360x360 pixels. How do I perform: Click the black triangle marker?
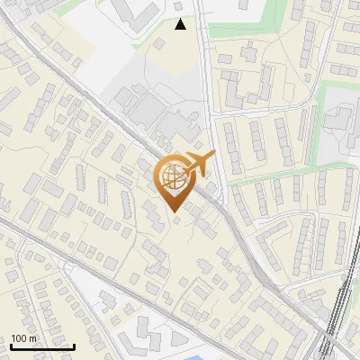click(181, 25)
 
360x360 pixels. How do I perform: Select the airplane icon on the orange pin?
click(200, 163)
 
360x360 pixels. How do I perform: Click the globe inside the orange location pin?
click(174, 177)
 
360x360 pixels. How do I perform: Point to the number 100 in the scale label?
click(19, 338)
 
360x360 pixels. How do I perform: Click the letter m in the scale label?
click(32, 338)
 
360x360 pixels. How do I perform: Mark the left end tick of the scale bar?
click(10, 346)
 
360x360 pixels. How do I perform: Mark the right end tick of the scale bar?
click(74, 346)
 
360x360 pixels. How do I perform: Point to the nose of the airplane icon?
click(213, 157)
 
